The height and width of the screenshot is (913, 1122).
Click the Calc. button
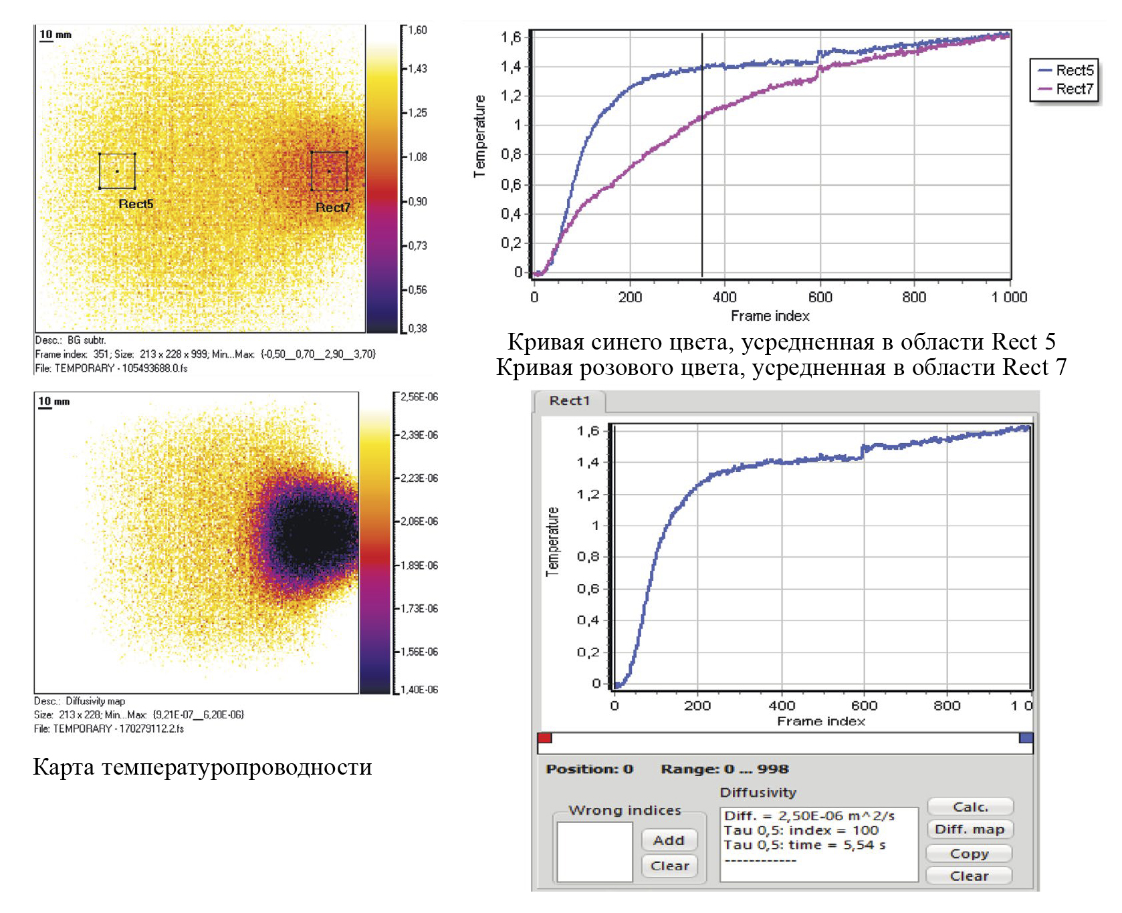(x=970, y=807)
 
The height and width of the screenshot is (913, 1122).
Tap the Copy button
(x=969, y=854)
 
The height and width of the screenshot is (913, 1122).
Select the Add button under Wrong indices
(x=669, y=840)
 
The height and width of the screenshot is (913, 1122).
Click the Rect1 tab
(x=570, y=400)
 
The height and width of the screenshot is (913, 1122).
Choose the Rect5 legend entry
(x=1066, y=70)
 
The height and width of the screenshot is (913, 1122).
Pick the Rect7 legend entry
(x=1066, y=89)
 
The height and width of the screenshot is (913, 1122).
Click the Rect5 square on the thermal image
(x=117, y=171)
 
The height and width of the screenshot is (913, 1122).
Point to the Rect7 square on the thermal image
(x=329, y=171)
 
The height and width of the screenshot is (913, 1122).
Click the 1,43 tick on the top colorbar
(x=417, y=68)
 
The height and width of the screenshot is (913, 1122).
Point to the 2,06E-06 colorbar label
(x=419, y=521)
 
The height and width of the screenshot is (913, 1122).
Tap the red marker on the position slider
(x=545, y=738)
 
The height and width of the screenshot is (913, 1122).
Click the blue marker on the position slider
(x=1026, y=738)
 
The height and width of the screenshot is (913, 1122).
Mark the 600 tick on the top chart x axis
(x=820, y=297)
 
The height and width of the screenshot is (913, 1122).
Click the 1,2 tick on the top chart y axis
(x=512, y=96)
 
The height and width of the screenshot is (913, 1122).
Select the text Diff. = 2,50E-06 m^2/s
(x=809, y=815)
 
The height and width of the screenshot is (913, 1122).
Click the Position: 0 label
(x=589, y=769)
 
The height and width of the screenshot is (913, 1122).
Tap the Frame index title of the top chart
(x=770, y=315)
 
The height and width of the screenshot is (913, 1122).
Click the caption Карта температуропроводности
(x=203, y=767)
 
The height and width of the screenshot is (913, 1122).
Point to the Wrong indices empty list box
(x=594, y=852)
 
